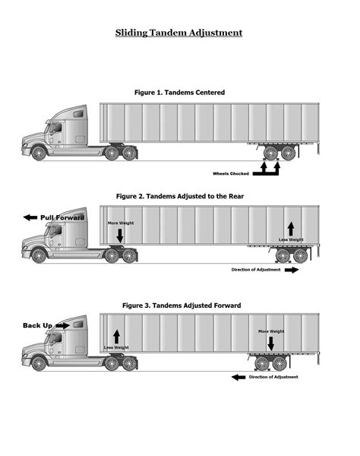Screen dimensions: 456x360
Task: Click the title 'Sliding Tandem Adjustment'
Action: pyautogui.click(x=179, y=33)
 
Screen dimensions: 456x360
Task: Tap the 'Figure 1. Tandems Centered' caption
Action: pyautogui.click(x=179, y=92)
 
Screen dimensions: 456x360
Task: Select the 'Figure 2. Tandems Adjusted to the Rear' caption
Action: pyautogui.click(x=179, y=195)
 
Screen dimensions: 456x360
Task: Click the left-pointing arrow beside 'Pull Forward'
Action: pyautogui.click(x=30, y=217)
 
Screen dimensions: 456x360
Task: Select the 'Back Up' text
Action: pyautogui.click(x=37, y=325)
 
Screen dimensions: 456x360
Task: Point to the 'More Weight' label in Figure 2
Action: pyautogui.click(x=120, y=223)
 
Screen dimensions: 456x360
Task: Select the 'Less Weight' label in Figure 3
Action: pyautogui.click(x=116, y=347)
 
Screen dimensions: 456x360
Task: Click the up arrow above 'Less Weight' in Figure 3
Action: pyautogui.click(x=116, y=335)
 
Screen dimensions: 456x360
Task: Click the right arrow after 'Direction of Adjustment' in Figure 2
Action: pyautogui.click(x=292, y=269)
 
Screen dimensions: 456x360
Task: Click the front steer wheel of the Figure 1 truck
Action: pyautogui.click(x=39, y=153)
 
